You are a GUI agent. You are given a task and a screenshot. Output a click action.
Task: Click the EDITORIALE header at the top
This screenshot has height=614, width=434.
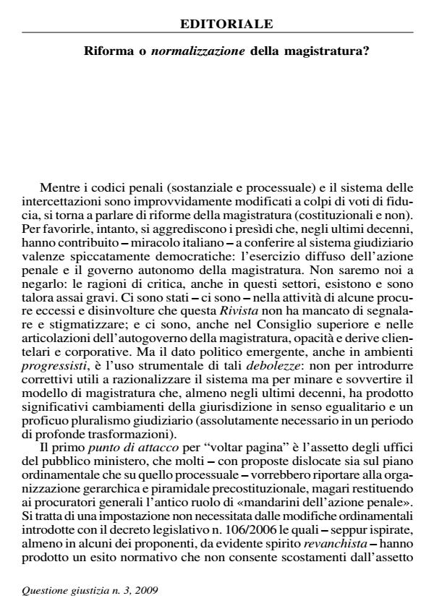226,25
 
